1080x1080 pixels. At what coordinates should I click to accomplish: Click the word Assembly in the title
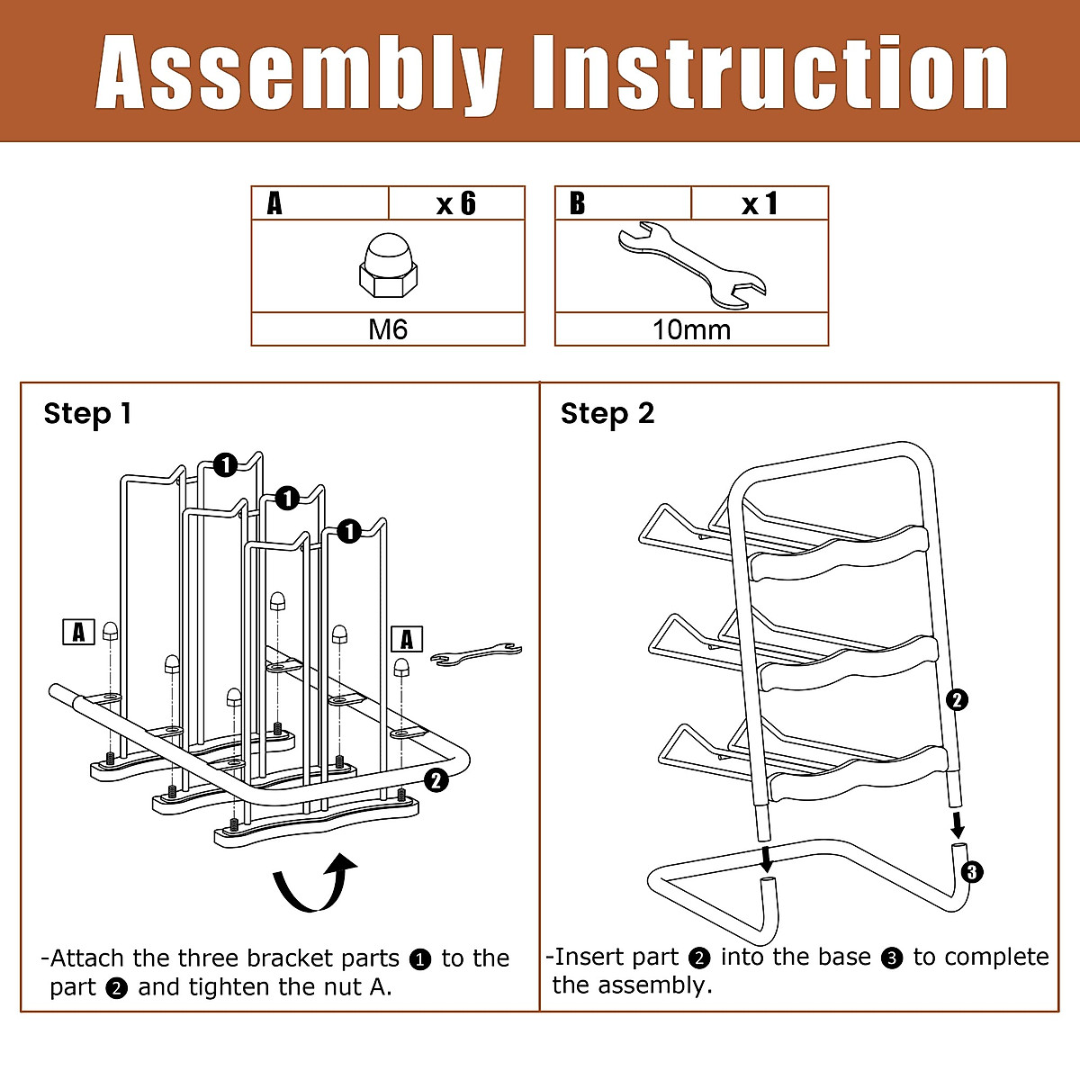tap(298, 74)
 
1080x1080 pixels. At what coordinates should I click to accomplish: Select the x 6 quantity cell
tap(456, 203)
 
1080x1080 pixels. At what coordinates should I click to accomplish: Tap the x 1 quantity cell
tap(760, 204)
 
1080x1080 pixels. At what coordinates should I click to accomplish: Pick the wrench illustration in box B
tap(691, 265)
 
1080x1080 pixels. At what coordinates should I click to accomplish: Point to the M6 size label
tap(388, 329)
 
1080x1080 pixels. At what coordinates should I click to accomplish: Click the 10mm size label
tap(691, 329)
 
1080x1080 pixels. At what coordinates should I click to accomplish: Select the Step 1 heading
tap(87, 414)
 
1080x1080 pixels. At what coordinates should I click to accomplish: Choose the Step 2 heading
tap(607, 414)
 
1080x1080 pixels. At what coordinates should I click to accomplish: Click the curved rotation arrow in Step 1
tap(315, 884)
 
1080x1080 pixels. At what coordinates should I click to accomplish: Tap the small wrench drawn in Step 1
tap(475, 654)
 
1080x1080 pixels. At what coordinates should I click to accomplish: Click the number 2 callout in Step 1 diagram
tap(436, 780)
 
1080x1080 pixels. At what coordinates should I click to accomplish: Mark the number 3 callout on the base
tap(971, 871)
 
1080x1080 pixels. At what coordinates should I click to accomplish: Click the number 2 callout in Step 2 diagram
tap(958, 699)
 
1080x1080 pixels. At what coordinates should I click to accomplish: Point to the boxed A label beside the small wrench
tap(407, 639)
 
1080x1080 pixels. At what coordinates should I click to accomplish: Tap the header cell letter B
tap(577, 204)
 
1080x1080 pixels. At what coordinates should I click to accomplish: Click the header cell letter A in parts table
tap(274, 204)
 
